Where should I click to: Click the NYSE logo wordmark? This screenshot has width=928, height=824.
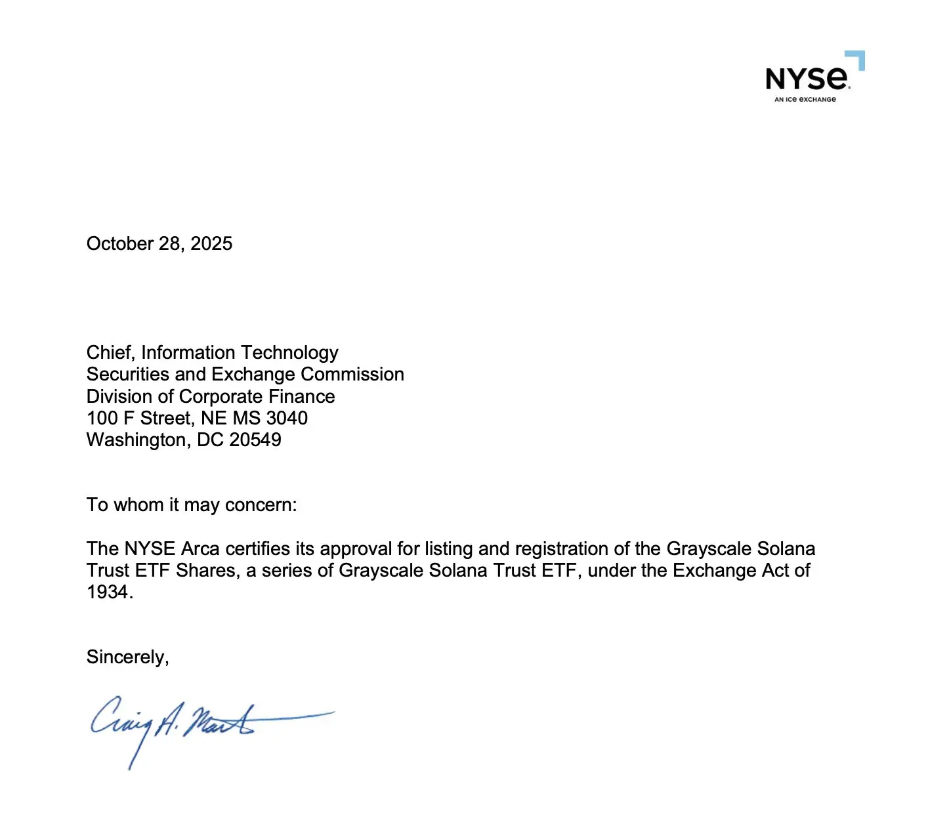click(x=807, y=79)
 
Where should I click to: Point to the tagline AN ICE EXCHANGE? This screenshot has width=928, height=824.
click(x=805, y=100)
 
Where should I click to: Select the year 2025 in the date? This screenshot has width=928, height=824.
click(x=211, y=244)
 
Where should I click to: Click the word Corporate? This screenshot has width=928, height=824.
click(x=221, y=397)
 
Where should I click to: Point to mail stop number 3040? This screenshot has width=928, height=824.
click(x=287, y=419)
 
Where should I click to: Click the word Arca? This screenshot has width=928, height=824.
click(x=200, y=549)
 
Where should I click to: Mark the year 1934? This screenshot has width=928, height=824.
click(x=108, y=592)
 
